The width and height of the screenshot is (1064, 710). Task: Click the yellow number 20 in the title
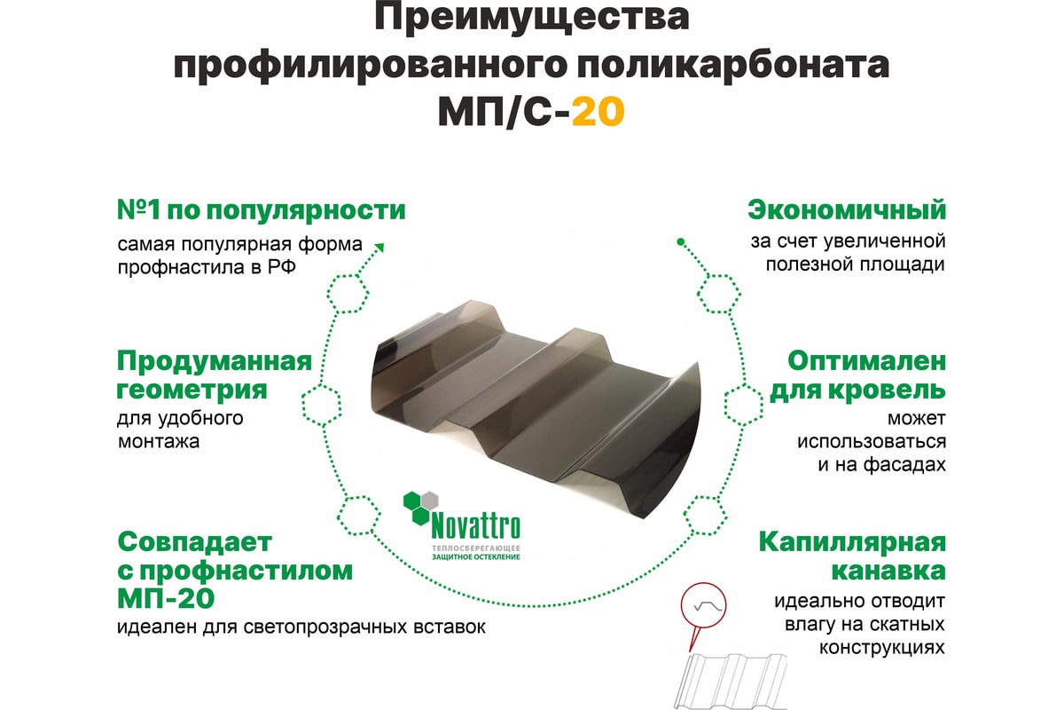[x=598, y=111]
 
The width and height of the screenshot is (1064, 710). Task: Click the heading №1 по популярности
[x=262, y=209]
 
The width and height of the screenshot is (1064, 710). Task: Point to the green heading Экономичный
[x=847, y=209]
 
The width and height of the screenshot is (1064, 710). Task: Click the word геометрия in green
[x=192, y=390]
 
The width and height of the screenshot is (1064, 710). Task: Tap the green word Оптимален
[x=867, y=361]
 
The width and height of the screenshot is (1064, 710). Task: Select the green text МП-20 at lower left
[x=166, y=598]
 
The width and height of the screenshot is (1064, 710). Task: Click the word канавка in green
[x=888, y=570]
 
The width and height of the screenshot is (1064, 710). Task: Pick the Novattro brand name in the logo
[x=475, y=525]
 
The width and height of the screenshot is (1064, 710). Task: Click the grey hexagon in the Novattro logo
[x=430, y=501]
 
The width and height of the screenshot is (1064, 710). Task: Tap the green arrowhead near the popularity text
[x=379, y=248]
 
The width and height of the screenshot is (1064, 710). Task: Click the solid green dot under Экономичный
[x=681, y=242]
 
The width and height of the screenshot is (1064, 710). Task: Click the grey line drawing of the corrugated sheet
[x=731, y=681]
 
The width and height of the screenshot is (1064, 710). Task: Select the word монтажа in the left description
[x=159, y=442]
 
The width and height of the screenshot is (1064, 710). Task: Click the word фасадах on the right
[x=904, y=465]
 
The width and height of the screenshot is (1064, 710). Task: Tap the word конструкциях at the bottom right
[x=882, y=648]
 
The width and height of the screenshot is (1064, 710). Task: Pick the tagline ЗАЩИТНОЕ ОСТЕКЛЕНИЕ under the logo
[x=476, y=556]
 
